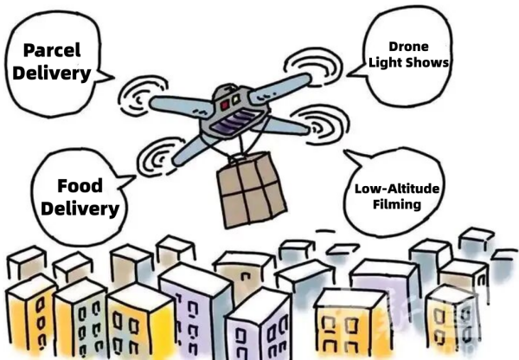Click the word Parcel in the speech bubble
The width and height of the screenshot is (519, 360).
52,51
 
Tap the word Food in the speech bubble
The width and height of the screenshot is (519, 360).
80,185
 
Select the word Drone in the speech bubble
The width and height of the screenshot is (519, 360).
408,47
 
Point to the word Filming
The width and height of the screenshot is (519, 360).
397,203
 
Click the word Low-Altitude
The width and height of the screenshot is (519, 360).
397,189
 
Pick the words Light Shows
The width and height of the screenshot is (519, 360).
409,62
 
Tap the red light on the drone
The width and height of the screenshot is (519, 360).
225,105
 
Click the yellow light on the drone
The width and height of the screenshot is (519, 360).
236,99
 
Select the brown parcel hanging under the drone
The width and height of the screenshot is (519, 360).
251,190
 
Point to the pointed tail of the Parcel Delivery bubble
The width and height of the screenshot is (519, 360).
113,78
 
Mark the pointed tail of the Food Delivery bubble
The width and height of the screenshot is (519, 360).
134,177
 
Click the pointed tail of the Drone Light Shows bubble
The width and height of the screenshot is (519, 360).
349,75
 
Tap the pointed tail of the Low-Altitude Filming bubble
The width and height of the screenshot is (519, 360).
345,151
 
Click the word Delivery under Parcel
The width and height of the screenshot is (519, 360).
52,74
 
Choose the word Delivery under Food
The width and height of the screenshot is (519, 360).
80,209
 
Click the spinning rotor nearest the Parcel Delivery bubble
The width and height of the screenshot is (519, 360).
143,96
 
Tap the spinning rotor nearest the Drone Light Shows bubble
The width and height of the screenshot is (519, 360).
313,67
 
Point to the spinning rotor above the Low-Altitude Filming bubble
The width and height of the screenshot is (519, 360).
319,125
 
